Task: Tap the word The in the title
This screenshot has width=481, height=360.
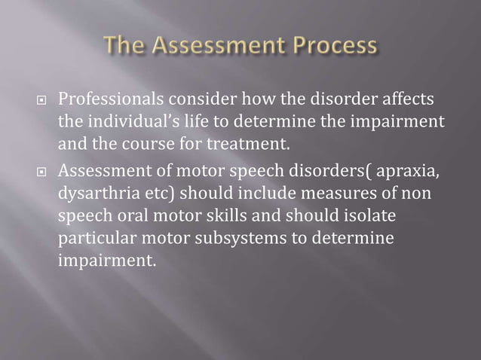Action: tap(126, 47)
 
